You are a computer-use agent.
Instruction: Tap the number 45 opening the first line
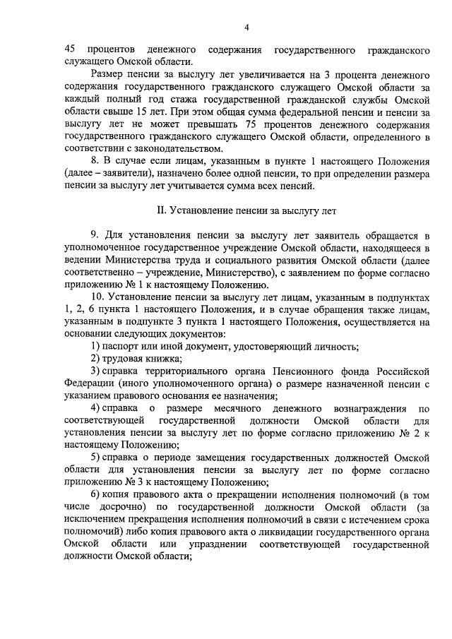click(x=69, y=51)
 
